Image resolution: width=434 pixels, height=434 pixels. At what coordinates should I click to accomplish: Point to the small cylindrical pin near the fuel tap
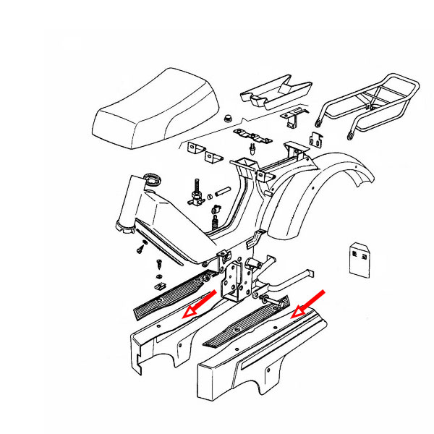pyautogui.click(x=222, y=193)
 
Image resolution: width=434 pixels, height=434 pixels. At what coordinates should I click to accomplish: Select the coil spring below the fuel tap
pyautogui.click(x=215, y=215)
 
